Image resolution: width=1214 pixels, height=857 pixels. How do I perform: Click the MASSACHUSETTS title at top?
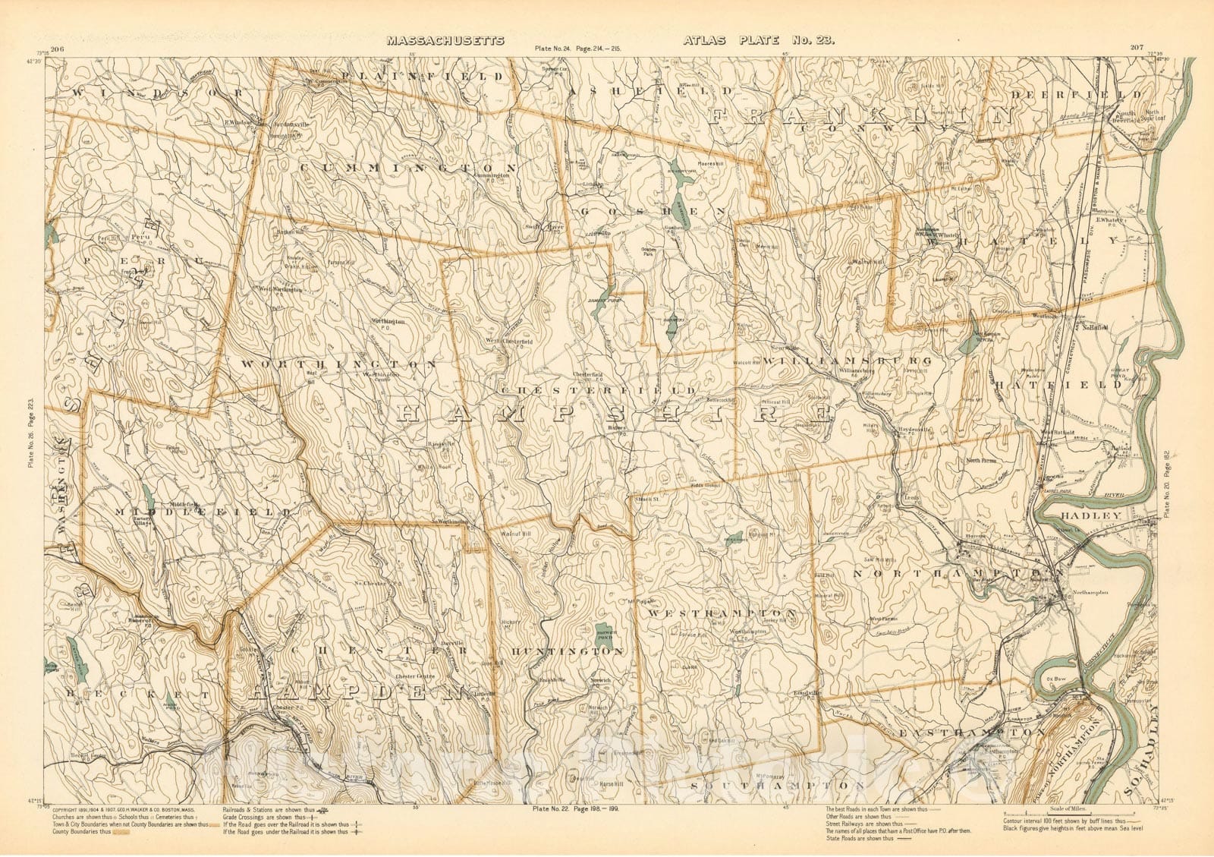pos(445,42)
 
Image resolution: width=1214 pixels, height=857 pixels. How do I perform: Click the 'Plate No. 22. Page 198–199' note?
pos(577,809)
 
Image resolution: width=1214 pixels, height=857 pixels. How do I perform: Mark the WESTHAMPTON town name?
pos(722,612)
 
